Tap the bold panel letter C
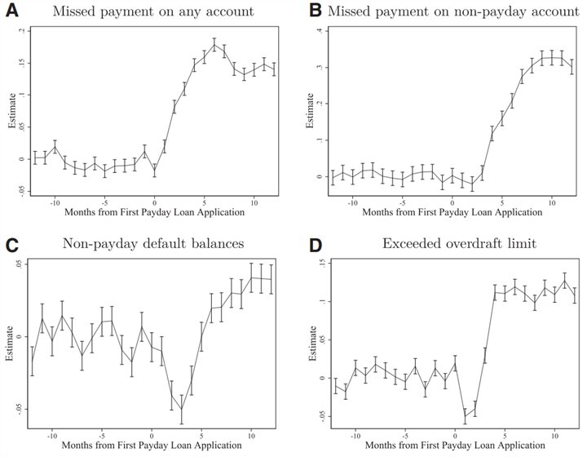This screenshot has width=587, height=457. (x=11, y=245)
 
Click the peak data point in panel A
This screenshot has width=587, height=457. (x=214, y=45)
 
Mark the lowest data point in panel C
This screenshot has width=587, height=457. (x=181, y=410)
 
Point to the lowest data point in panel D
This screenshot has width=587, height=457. (x=466, y=415)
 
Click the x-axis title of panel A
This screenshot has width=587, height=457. (x=155, y=211)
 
